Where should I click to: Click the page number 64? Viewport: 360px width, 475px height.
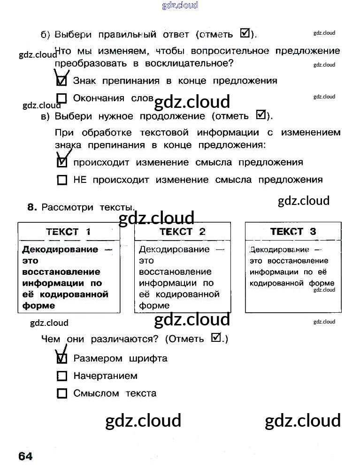tap(26, 456)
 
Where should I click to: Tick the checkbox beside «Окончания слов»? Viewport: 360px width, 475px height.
tap(61, 98)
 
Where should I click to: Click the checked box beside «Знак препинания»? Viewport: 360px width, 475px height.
tap(61, 81)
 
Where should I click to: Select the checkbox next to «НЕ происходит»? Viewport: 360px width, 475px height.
tap(61, 180)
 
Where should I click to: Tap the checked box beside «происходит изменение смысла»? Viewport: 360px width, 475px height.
tap(61, 163)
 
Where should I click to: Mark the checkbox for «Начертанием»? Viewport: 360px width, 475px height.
tap(61, 376)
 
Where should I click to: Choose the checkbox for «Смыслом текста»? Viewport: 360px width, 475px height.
tap(61, 393)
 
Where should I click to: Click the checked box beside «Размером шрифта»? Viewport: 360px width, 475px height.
tap(61, 359)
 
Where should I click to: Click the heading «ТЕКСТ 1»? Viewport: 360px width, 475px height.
tap(69, 232)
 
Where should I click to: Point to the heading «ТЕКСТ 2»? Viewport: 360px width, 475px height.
tap(183, 232)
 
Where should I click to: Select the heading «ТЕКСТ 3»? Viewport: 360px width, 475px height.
tap(293, 232)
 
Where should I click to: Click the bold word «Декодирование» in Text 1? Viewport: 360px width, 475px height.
tap(61, 249)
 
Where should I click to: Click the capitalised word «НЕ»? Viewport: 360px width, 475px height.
tap(80, 180)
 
